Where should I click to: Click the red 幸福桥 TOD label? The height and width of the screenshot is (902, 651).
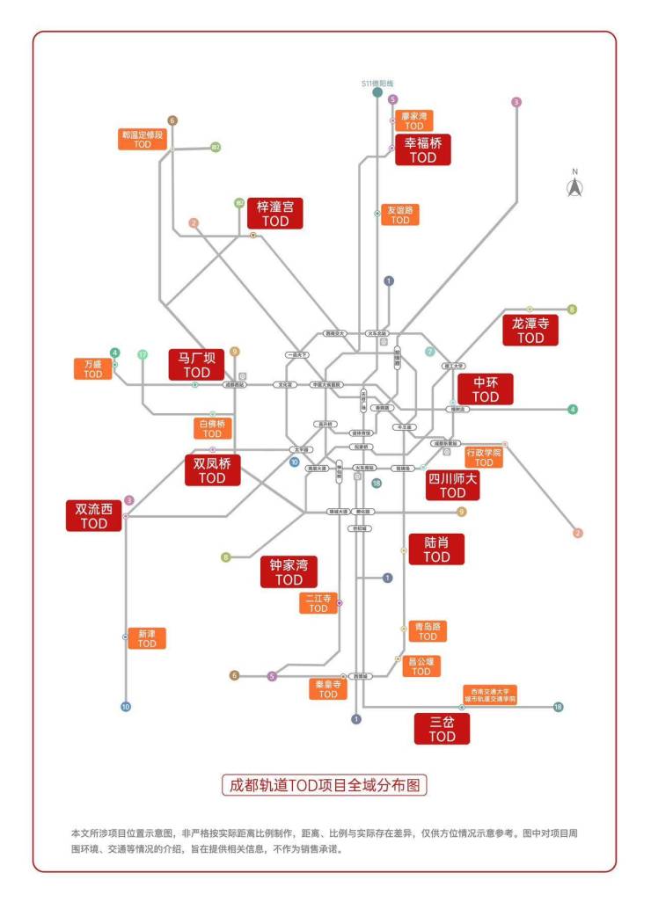[x=422, y=149]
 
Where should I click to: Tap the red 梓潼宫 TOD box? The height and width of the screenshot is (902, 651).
[x=274, y=214]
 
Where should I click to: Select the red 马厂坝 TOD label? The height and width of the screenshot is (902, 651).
[x=197, y=365]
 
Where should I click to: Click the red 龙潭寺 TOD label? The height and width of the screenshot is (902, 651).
[x=530, y=330]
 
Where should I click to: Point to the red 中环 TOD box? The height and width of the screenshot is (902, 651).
[x=485, y=389]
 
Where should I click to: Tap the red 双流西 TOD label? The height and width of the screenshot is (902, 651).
[x=93, y=515]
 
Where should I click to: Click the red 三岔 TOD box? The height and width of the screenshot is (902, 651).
[x=442, y=729]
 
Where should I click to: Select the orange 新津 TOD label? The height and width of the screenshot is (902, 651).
[x=147, y=638]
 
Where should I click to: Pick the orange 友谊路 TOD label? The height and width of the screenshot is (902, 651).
[x=400, y=215]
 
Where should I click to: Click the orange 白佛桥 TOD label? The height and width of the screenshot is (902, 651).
[x=212, y=428]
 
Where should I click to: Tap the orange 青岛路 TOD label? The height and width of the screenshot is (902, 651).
[x=428, y=631]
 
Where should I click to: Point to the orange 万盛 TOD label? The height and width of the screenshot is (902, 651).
[x=93, y=368]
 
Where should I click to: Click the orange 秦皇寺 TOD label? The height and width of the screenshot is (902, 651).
[x=328, y=688]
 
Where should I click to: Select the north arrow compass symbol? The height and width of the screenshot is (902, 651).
[x=574, y=185]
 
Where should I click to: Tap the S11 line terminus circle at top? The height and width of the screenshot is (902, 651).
[x=377, y=92]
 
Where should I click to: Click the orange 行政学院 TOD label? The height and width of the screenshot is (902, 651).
[x=483, y=456]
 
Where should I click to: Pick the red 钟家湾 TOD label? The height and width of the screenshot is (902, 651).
[x=289, y=572]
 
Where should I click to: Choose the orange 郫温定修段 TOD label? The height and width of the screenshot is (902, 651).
[x=143, y=139]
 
